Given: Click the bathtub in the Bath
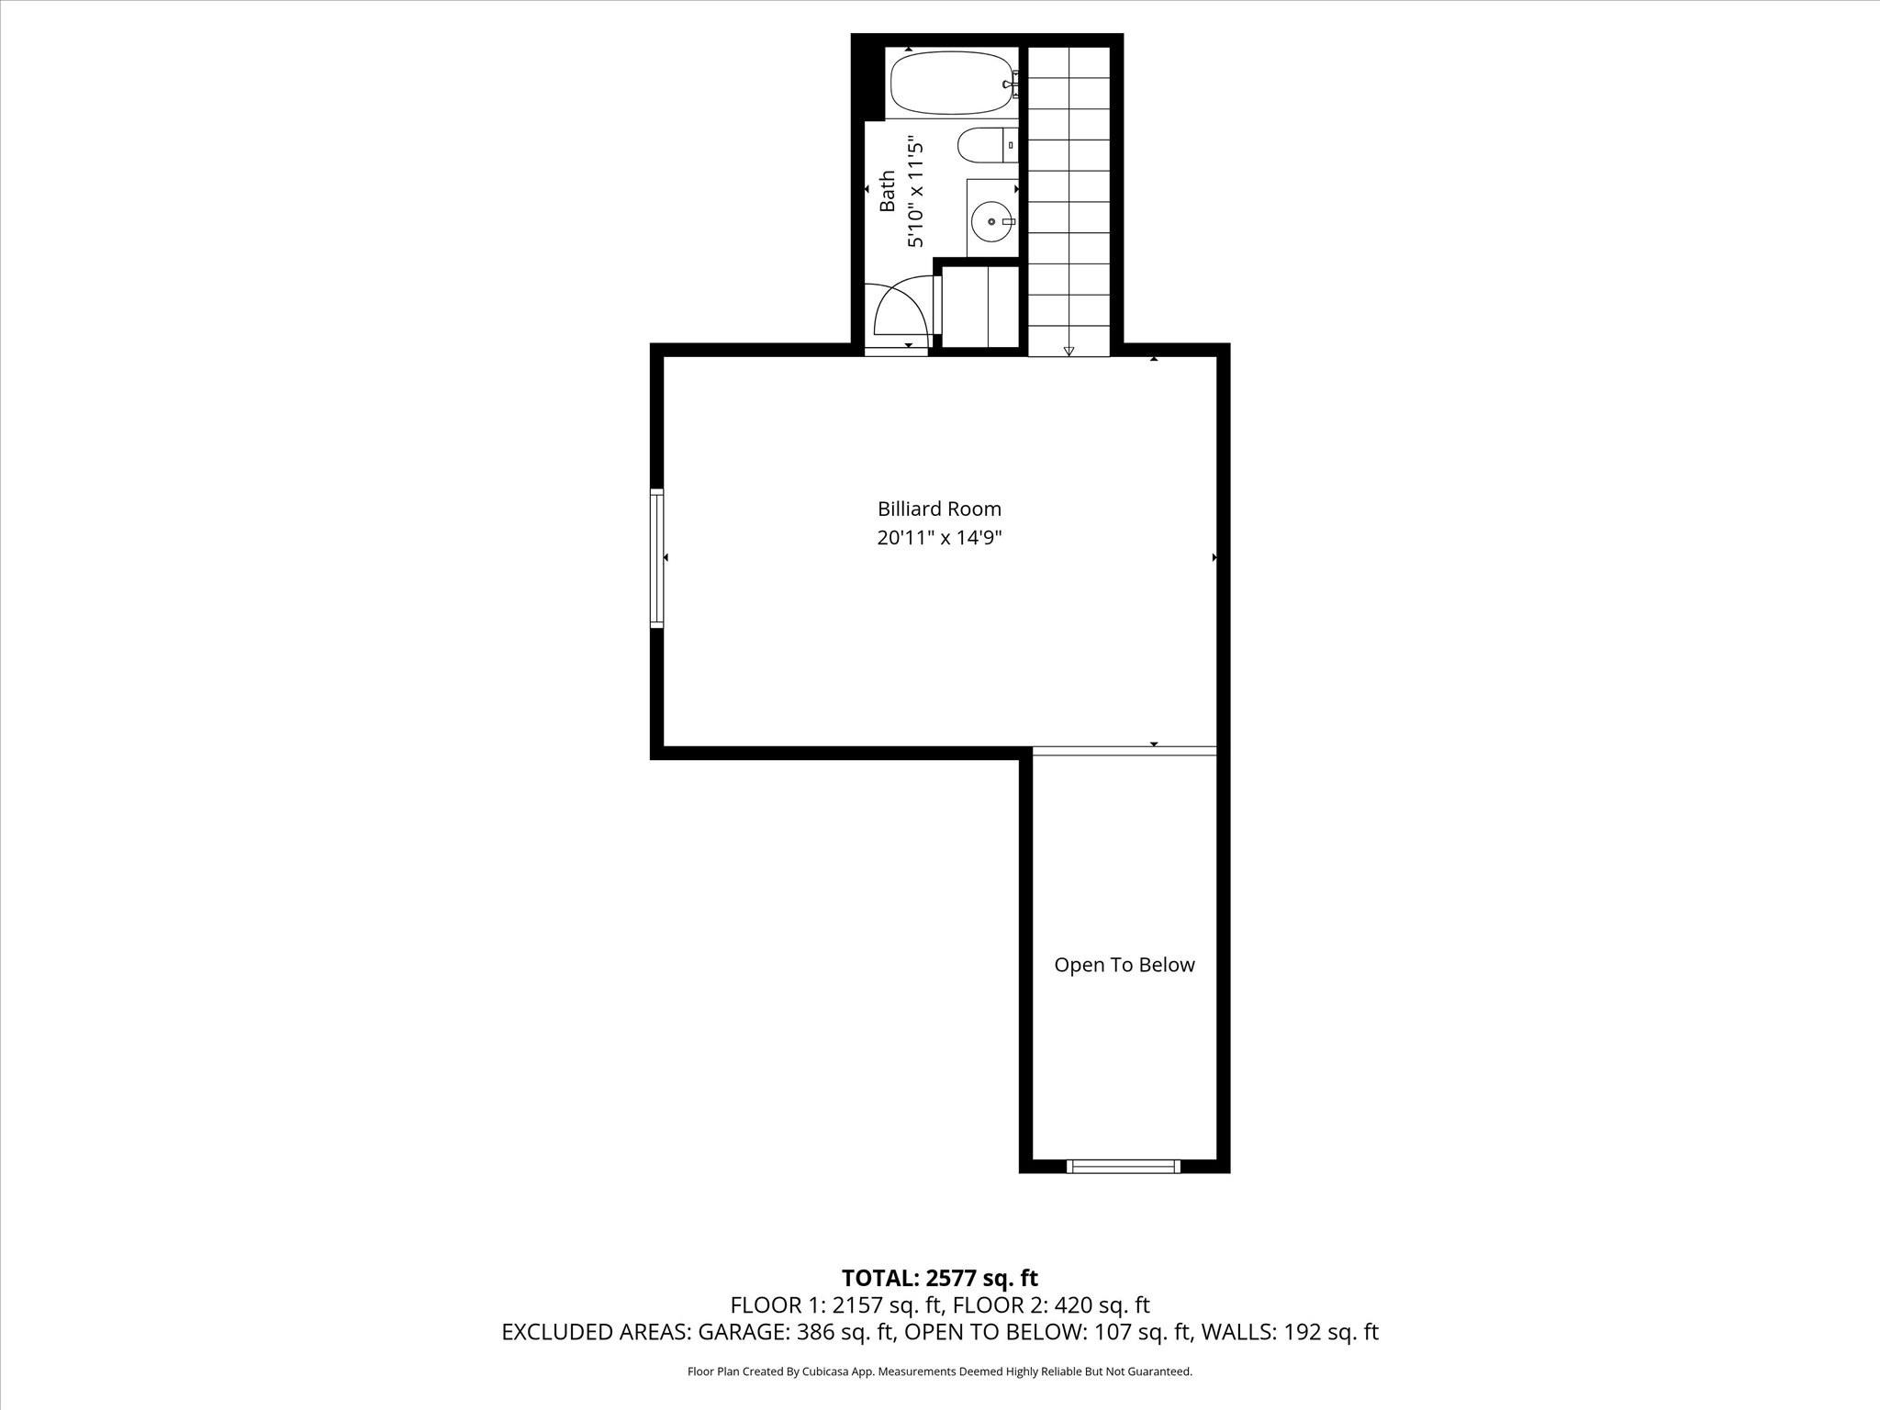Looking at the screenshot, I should (950, 83).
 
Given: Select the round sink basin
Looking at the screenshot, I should (991, 221).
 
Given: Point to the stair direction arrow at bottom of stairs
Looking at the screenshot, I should (1069, 351).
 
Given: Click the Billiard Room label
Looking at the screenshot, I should (939, 509).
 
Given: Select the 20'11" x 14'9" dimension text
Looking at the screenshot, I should (939, 538).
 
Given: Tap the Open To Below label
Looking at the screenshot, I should (1124, 965).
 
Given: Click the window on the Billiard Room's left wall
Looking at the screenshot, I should (656, 558).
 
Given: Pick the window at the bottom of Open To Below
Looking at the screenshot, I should (1124, 1166).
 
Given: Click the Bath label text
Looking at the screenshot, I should (887, 191).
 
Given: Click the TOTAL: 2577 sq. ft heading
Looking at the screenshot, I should (939, 1278).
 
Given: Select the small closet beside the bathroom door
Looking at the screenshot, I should (980, 307).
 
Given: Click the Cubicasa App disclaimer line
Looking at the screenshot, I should (939, 1371).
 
